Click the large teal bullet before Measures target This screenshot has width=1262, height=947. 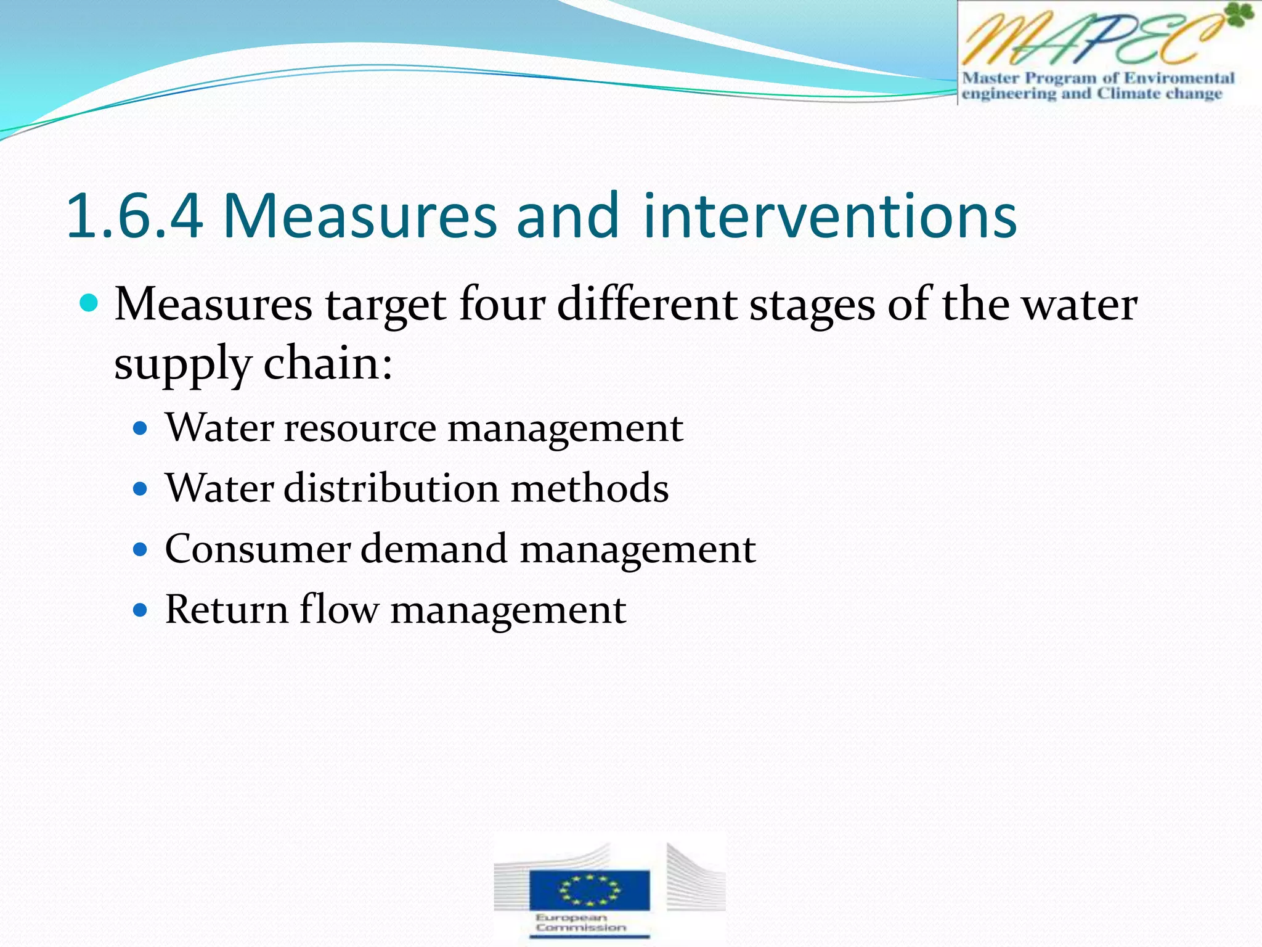tap(89, 303)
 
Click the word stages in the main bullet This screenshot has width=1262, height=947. tap(812, 306)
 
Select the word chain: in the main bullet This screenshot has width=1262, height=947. tap(328, 364)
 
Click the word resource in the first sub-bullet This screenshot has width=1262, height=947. tap(360, 428)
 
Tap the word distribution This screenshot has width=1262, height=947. tap(391, 488)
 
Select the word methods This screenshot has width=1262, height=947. tap(590, 488)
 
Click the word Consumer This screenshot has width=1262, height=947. tap(258, 549)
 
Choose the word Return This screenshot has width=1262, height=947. tap(226, 610)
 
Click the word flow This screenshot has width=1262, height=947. tap(339, 610)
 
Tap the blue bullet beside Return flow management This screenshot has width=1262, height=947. tap(141, 610)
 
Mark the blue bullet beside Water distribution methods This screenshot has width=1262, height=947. tap(141, 490)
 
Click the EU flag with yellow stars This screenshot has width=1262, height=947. tap(589, 889)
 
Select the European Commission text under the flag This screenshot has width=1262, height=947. tap(580, 922)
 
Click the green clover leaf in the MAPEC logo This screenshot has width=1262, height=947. tap(1238, 16)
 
